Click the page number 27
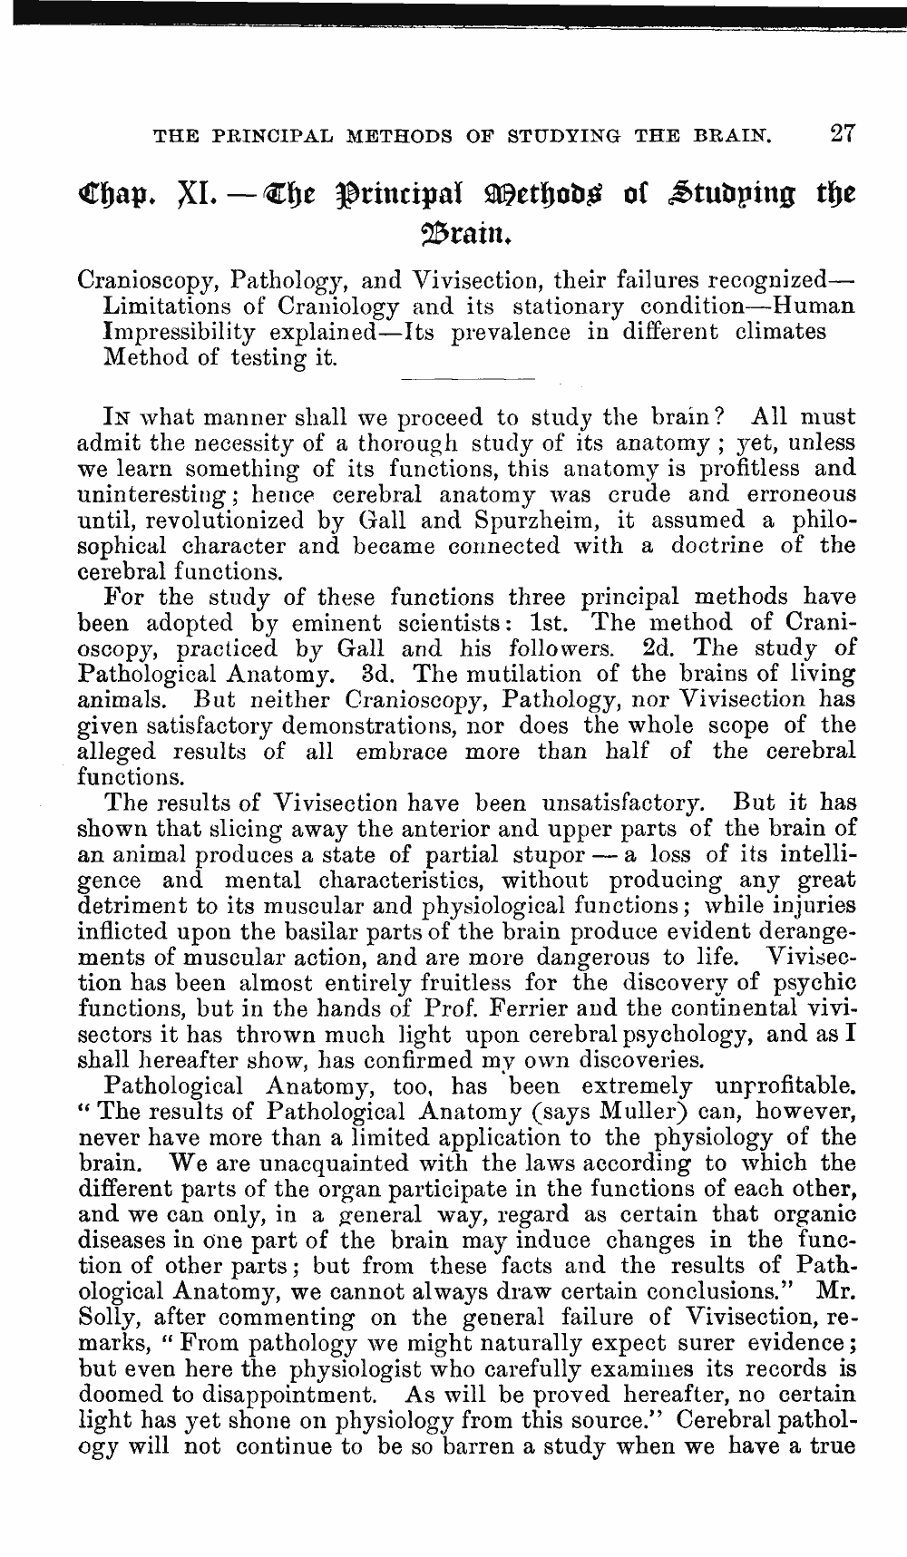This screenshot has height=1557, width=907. (842, 134)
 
